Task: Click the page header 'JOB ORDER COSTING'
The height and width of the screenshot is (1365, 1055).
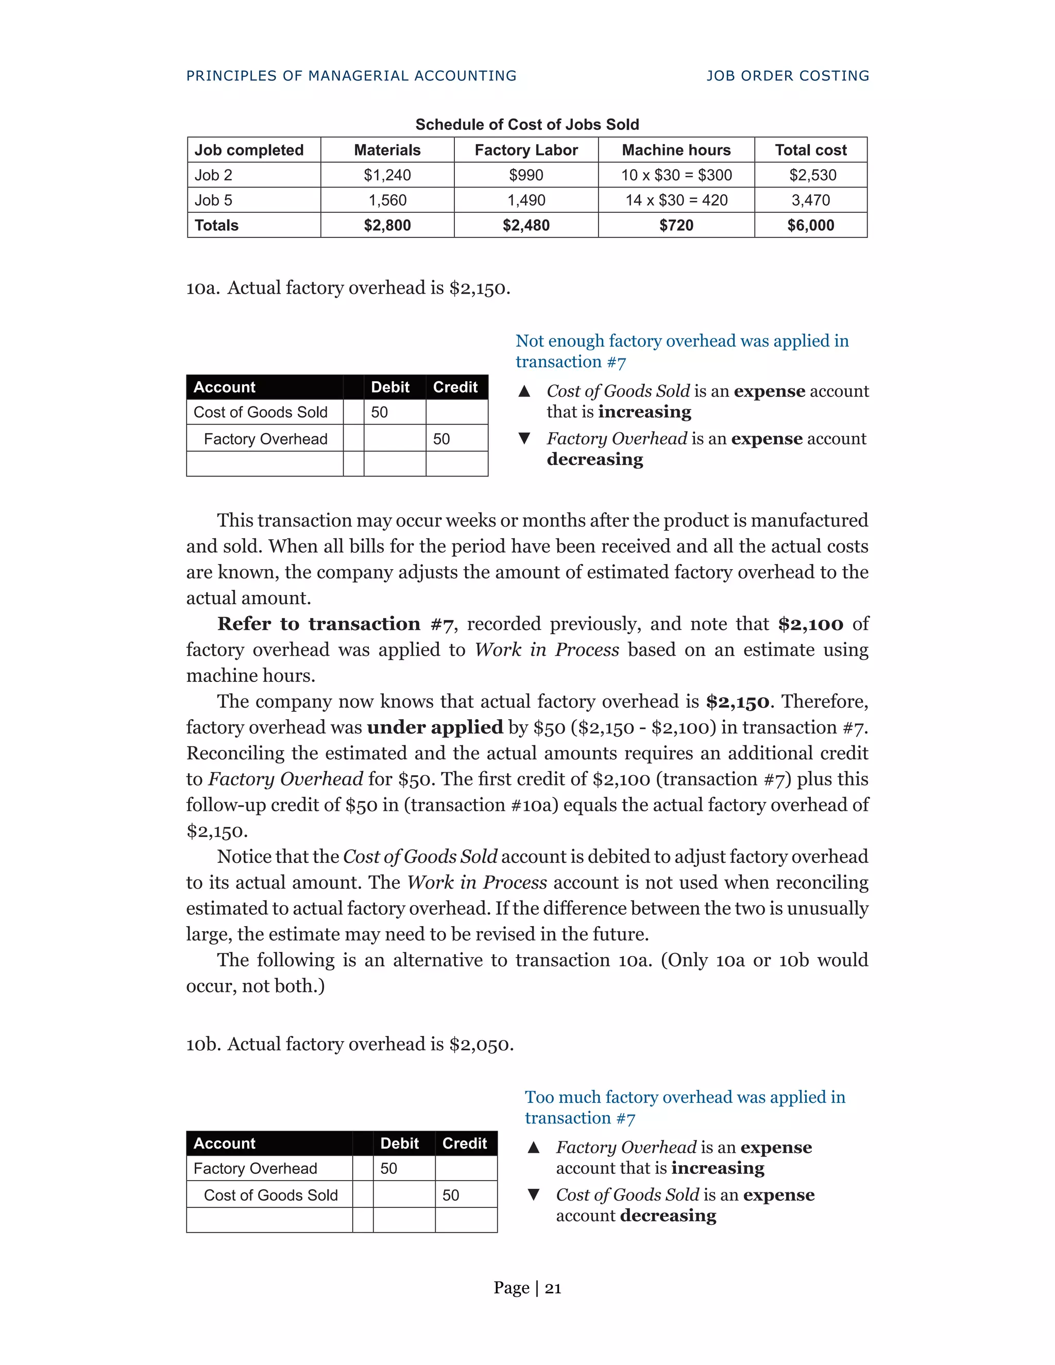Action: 788,76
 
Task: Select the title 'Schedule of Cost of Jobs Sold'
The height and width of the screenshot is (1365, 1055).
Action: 527,124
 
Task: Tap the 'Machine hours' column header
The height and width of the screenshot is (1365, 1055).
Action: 676,150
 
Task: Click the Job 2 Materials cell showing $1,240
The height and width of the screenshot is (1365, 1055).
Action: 387,175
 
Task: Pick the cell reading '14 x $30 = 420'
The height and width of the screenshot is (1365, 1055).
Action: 676,200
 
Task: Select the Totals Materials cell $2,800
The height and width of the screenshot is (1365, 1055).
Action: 387,225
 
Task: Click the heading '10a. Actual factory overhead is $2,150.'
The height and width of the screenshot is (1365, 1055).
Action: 348,288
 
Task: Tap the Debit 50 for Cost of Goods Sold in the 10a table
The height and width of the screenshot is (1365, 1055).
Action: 379,412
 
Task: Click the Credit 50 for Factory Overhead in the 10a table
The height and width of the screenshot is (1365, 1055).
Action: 441,439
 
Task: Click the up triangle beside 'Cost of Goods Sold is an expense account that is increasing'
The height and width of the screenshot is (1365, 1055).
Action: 524,392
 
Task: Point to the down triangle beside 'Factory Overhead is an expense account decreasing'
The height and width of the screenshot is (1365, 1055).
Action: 524,439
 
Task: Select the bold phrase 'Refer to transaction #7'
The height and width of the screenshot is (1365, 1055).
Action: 335,624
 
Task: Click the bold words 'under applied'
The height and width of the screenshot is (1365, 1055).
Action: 434,727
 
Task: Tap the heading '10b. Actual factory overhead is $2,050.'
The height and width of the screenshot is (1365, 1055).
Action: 349,1045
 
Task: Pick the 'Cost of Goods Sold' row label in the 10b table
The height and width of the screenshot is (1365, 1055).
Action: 270,1195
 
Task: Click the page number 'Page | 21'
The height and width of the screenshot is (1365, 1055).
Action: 527,1288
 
